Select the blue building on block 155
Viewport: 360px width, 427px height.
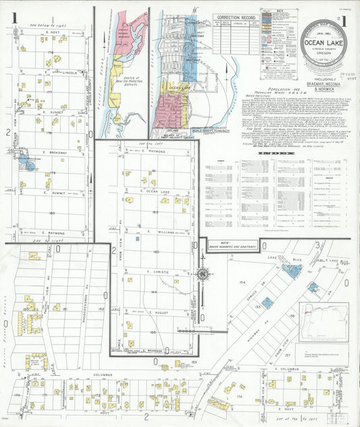pos(267,303)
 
